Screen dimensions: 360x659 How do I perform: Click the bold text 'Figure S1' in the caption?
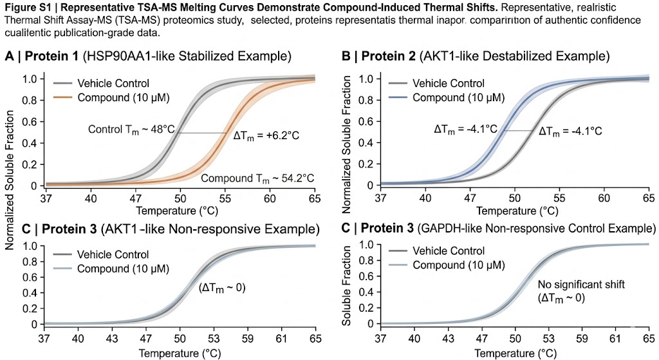[x=25, y=8]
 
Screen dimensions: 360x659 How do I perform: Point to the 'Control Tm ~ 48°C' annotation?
[x=131, y=129]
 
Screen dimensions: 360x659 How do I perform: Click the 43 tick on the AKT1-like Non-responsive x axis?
[x=111, y=337]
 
